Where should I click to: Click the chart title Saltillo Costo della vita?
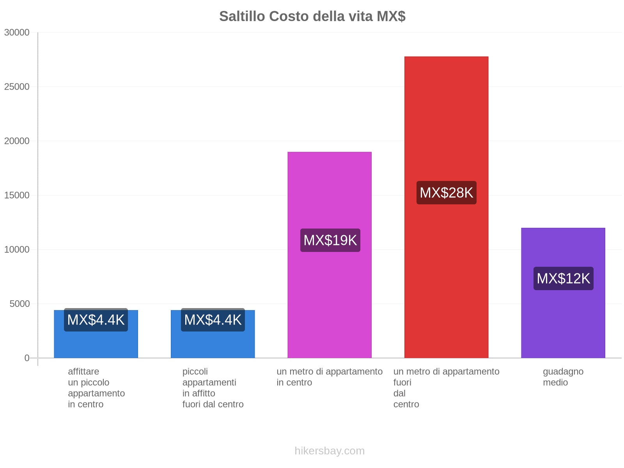click(x=312, y=16)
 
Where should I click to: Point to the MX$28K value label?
click(x=446, y=193)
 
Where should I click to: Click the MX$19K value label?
click(x=330, y=240)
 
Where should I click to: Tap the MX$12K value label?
click(x=563, y=278)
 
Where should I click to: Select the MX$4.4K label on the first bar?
click(x=96, y=320)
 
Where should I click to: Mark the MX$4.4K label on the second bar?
click(x=213, y=320)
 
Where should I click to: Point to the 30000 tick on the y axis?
click(x=17, y=32)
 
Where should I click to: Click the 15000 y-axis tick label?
click(x=17, y=195)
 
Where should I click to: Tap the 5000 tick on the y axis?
click(x=19, y=304)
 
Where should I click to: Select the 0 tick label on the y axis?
click(x=27, y=358)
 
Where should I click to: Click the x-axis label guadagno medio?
click(x=563, y=377)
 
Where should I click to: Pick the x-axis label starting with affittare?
click(x=96, y=388)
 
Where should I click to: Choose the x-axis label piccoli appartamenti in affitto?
click(x=213, y=388)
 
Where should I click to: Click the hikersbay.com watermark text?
click(x=330, y=451)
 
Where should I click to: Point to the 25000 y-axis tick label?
click(x=17, y=87)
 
